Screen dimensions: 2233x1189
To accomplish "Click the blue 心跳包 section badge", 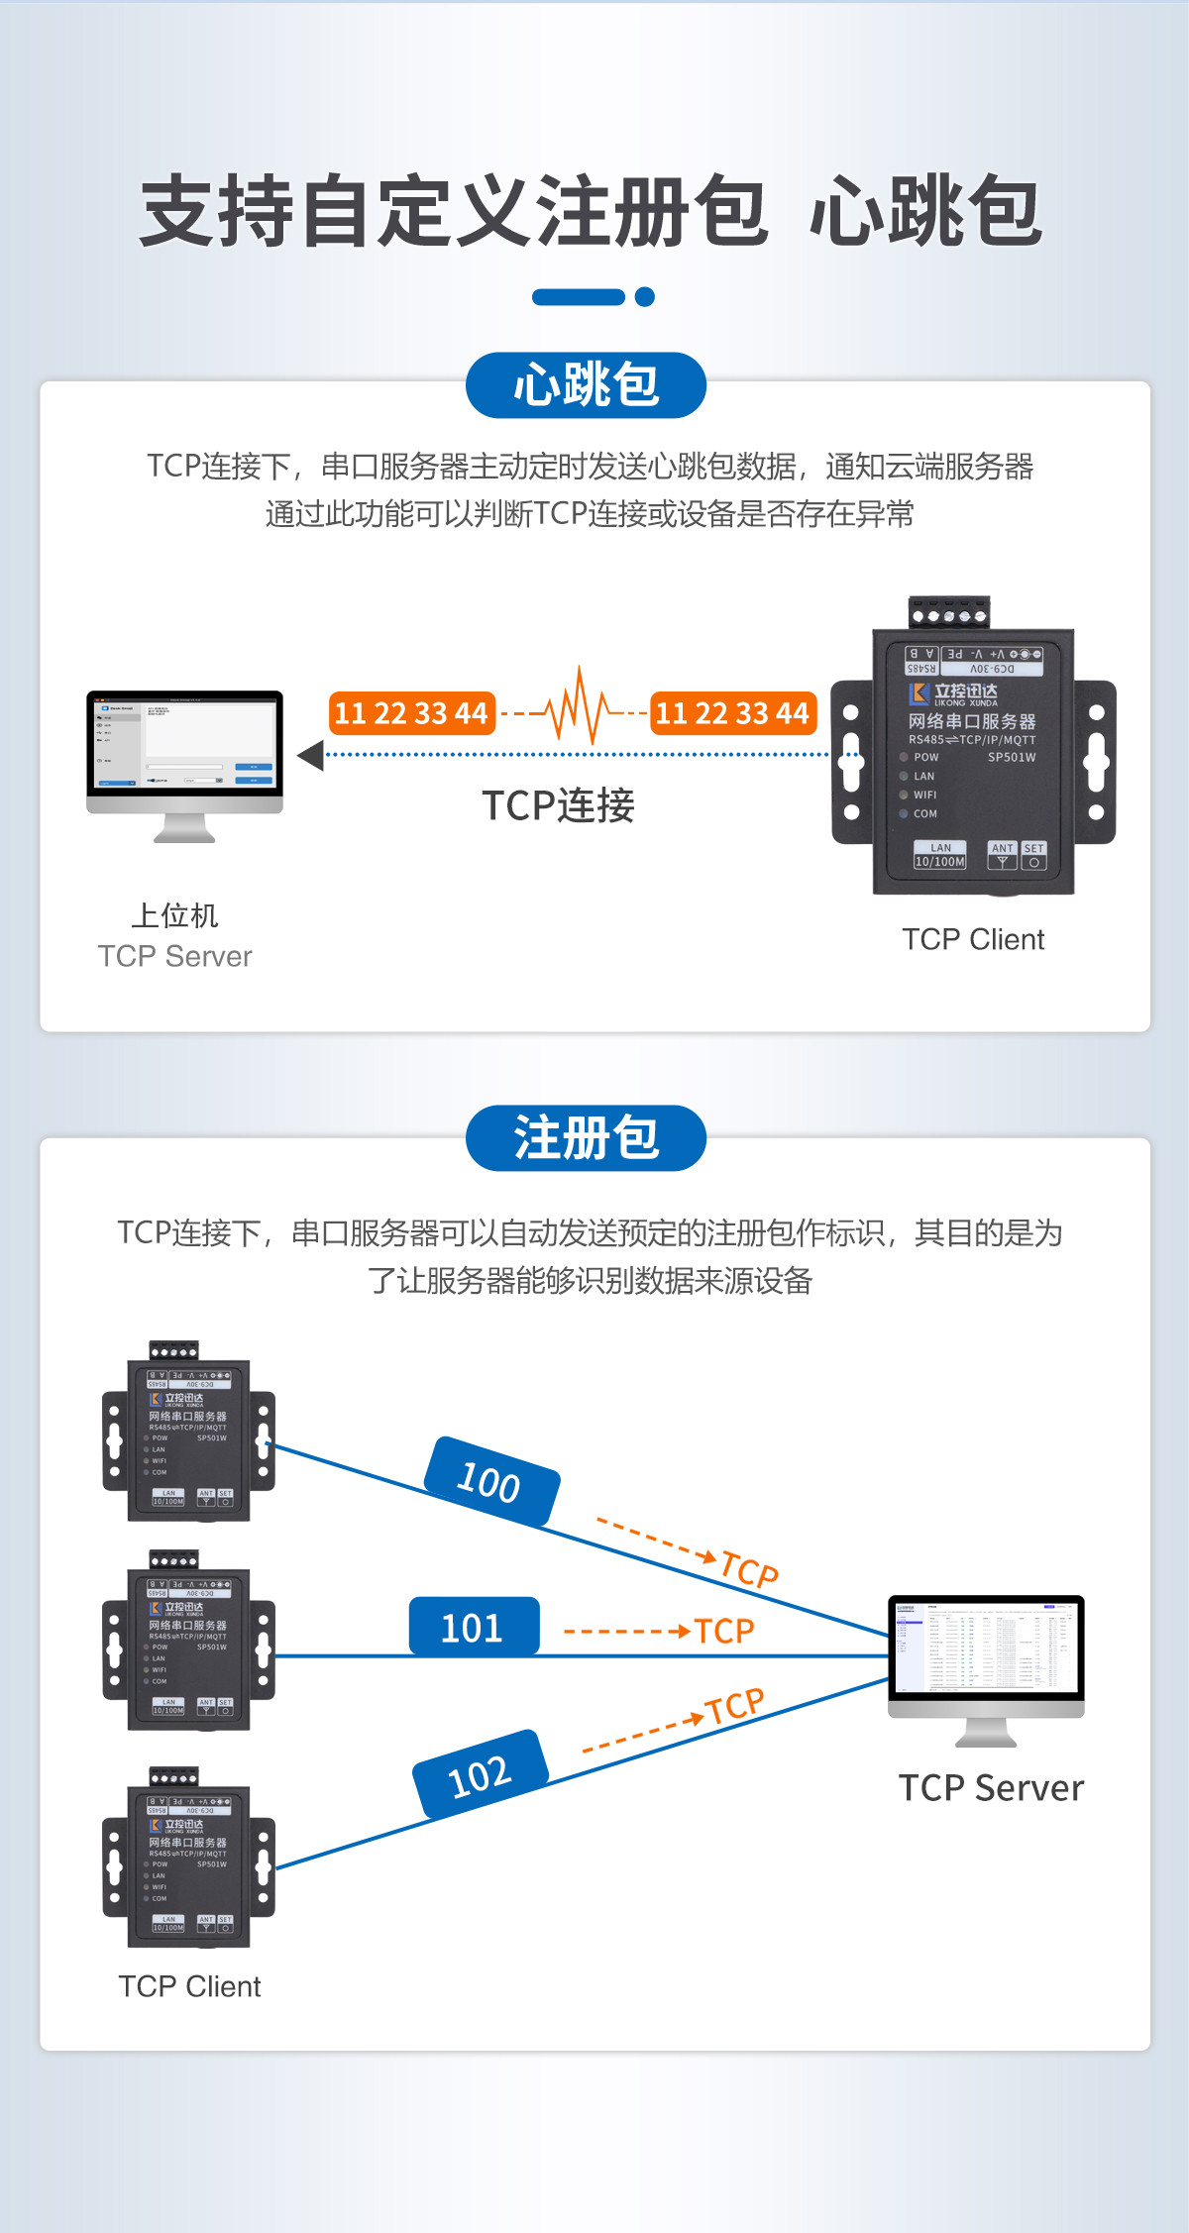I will (x=586, y=384).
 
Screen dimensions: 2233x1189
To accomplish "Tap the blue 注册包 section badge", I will (x=586, y=1137).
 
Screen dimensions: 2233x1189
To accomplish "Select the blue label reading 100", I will (x=491, y=1481).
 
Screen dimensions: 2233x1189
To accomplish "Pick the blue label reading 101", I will (x=474, y=1627).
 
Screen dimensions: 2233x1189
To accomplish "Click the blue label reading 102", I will (x=481, y=1774).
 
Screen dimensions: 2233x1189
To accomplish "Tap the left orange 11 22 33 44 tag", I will (x=411, y=713).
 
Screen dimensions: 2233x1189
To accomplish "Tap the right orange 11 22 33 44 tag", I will (x=732, y=713).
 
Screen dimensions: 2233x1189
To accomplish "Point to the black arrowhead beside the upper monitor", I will (x=311, y=755).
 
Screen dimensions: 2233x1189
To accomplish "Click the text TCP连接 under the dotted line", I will (x=558, y=805).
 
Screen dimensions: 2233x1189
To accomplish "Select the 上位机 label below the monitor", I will (x=174, y=915).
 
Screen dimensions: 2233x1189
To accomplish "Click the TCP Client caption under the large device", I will (x=972, y=939).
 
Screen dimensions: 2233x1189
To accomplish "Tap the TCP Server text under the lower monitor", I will (x=991, y=1788).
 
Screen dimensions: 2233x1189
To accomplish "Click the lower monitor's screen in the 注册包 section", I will (x=986, y=1646).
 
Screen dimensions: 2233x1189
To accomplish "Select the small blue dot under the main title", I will (x=645, y=296).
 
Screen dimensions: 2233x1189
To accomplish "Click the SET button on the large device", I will (x=1033, y=856).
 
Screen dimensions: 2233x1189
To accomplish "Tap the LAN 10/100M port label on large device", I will (x=939, y=856).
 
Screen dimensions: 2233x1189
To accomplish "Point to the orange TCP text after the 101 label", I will (x=724, y=1631).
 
